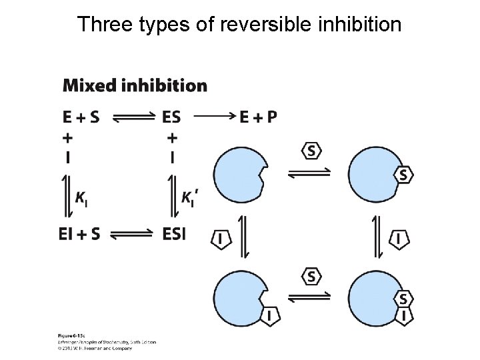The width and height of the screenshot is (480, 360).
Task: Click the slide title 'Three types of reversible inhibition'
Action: click(x=239, y=25)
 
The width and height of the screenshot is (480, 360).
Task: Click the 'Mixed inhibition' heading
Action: click(x=135, y=85)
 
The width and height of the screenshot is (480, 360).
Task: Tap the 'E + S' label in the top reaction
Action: click(x=81, y=117)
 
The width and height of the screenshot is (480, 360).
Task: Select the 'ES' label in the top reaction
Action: click(x=171, y=117)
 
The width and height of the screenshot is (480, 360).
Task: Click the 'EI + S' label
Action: click(x=79, y=234)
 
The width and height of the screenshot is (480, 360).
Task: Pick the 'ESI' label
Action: click(x=175, y=234)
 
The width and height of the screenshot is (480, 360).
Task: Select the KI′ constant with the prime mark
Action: click(x=189, y=197)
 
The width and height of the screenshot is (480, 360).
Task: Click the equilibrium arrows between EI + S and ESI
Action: click(x=131, y=234)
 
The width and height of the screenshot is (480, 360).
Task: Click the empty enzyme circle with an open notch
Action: click(x=239, y=174)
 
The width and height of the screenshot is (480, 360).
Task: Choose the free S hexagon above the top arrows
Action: click(x=311, y=151)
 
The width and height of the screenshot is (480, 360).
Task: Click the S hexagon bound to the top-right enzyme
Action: click(x=403, y=175)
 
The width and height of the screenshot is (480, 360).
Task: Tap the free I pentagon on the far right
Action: click(x=399, y=239)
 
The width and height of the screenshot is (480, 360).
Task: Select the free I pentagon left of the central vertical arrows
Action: click(x=221, y=239)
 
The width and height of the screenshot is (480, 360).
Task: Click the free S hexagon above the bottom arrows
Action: click(x=311, y=275)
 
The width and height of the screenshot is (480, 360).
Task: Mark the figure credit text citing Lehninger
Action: click(x=107, y=341)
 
